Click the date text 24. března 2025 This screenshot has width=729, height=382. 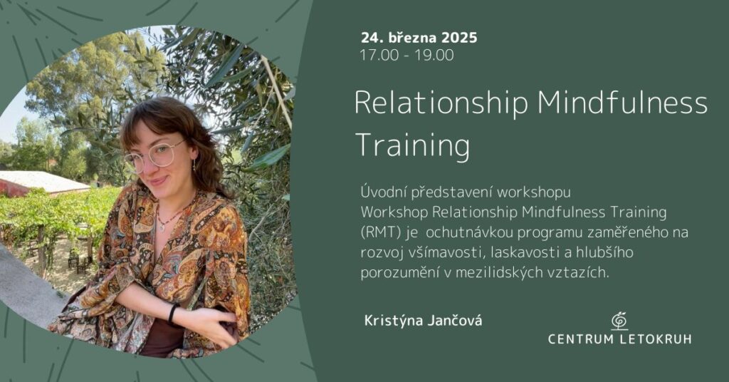(x=419, y=37)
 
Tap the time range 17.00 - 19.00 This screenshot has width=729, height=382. (x=407, y=55)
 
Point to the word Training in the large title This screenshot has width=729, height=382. (x=413, y=146)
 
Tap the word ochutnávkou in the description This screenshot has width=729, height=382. (x=466, y=232)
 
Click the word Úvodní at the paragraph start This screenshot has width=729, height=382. (x=383, y=192)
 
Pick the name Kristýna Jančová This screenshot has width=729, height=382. (x=423, y=321)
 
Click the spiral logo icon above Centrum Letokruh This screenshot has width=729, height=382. (x=619, y=321)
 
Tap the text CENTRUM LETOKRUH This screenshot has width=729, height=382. (x=619, y=339)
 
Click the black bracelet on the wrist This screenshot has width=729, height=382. (x=172, y=313)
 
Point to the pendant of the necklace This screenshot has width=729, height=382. (x=162, y=226)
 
